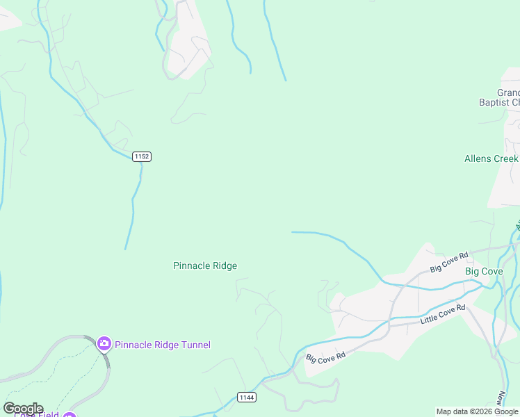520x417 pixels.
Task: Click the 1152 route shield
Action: [x=142, y=156]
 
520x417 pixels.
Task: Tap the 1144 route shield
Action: [x=245, y=397]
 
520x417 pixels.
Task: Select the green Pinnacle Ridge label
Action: [x=205, y=265]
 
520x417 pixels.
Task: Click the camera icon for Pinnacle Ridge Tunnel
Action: [x=104, y=343]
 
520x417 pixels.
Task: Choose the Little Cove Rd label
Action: [x=443, y=316]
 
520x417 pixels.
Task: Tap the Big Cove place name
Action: [x=484, y=271]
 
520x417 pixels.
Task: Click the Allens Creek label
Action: [x=491, y=158]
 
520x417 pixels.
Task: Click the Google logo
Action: [x=22, y=408]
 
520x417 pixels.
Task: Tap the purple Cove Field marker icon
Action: [x=69, y=416]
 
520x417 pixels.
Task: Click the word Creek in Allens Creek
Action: [x=506, y=158]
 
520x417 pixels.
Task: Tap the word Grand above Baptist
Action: [x=508, y=92]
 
